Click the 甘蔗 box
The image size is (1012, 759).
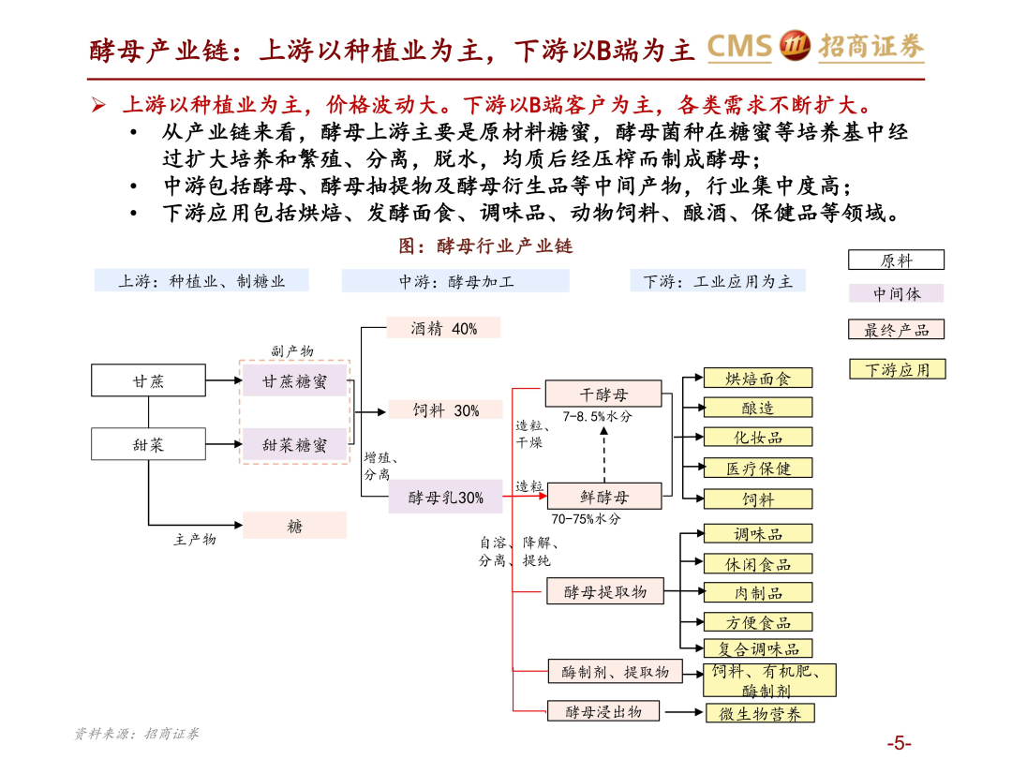[148, 380]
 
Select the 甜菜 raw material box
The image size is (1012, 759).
[148, 444]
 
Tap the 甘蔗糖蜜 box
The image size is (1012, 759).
[294, 381]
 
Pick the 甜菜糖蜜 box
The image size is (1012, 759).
[294, 445]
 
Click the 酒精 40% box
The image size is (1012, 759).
[443, 328]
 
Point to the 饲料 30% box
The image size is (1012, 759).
[445, 410]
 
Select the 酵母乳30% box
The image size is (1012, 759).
[445, 498]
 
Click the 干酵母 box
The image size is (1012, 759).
[603, 394]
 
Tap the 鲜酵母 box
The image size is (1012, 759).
[603, 497]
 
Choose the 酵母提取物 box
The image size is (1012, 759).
[604, 591]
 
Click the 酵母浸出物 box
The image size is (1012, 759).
[604, 711]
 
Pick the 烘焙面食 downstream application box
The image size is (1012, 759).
[758, 379]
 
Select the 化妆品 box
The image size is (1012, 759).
[758, 437]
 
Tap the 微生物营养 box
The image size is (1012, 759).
[760, 713]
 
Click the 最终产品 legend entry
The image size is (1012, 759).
[896, 330]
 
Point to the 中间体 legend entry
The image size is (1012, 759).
[896, 293]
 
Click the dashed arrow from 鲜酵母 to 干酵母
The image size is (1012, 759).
[603, 454]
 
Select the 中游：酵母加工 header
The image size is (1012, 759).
[455, 280]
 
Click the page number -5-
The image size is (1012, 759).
[899, 743]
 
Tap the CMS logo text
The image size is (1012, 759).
[738, 46]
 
